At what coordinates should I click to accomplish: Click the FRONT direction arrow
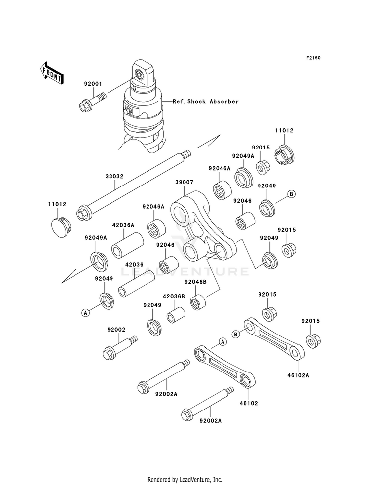click(52, 73)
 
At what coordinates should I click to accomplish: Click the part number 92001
click(93, 84)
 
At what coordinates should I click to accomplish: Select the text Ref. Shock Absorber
click(206, 101)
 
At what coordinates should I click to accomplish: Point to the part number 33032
click(114, 176)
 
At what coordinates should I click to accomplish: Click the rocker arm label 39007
click(184, 183)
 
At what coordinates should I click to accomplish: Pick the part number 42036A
click(123, 225)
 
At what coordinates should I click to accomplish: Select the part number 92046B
click(195, 282)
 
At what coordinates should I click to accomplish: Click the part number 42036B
click(174, 297)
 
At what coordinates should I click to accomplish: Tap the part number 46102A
click(298, 375)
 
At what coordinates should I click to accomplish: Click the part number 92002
click(116, 330)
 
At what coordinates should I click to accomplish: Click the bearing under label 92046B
click(198, 301)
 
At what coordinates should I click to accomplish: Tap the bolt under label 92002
click(120, 347)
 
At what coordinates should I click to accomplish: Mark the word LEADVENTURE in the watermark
click(185, 271)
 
